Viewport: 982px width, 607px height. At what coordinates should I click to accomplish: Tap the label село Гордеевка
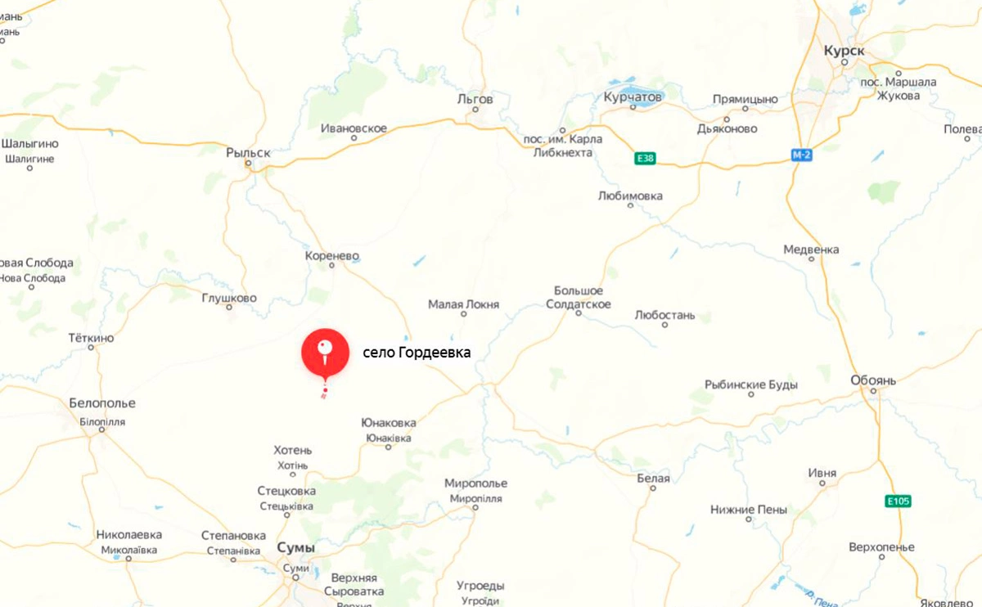tap(417, 353)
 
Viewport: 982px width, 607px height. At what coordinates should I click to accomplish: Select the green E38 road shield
tap(645, 159)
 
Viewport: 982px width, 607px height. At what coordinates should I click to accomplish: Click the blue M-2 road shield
tap(801, 155)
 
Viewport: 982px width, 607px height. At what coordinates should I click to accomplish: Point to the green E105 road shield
tap(898, 501)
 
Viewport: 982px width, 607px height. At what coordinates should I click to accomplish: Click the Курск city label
tap(844, 51)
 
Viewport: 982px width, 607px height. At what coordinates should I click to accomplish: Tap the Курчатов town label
tap(632, 97)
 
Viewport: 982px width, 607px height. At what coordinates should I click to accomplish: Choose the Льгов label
tap(475, 99)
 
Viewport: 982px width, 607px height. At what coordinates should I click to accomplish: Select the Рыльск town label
tap(248, 152)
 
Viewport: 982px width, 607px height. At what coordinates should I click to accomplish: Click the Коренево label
tap(331, 256)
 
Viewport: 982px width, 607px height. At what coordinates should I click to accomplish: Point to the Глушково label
tap(229, 299)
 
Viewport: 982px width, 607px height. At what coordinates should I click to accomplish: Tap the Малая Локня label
tap(463, 305)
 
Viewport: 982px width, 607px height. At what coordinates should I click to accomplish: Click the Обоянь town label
tap(873, 380)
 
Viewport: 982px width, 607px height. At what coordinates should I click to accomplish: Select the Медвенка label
tap(811, 250)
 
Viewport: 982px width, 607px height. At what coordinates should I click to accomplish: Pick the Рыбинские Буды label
tap(751, 384)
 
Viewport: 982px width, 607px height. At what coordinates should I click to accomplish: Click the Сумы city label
tap(296, 547)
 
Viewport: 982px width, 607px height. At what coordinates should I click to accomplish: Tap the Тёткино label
tap(92, 338)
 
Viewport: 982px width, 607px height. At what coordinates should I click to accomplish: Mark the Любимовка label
tap(630, 196)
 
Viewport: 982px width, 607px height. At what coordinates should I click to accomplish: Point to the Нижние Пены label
tap(748, 509)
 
